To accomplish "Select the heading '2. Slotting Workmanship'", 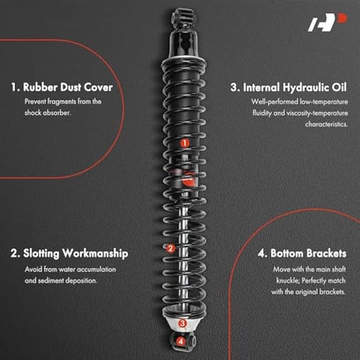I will [x=69, y=254].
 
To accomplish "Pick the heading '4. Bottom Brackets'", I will [x=302, y=254].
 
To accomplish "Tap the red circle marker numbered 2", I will [x=170, y=248].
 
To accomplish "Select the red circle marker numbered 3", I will [x=182, y=322].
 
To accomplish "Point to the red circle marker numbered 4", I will [x=181, y=341].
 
